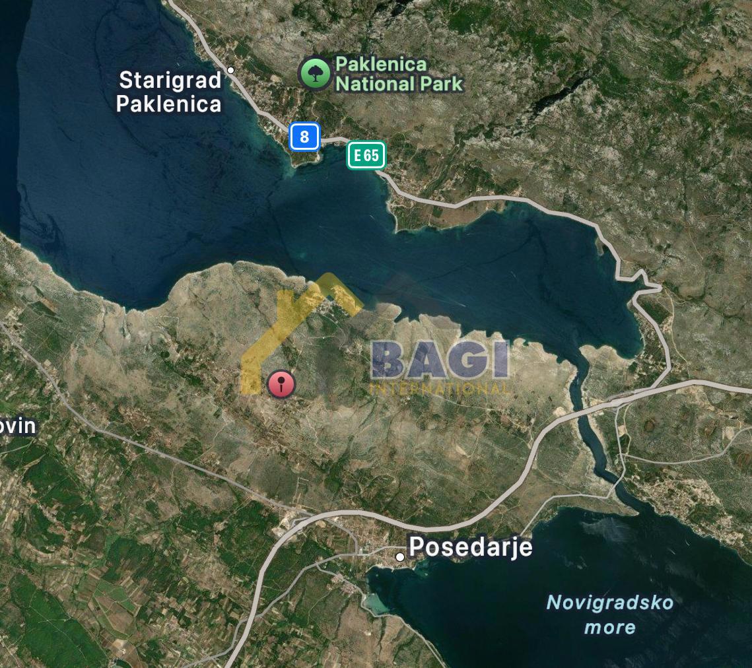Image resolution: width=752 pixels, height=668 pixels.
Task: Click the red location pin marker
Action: click(281, 384)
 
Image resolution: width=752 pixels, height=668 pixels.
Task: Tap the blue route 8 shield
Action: click(304, 137)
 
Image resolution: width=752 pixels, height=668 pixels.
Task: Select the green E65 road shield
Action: click(366, 156)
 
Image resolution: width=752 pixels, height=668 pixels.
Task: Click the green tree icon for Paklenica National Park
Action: click(315, 73)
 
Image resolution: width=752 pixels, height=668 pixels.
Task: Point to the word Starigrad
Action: click(170, 81)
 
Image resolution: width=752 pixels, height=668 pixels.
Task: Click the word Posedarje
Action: click(470, 547)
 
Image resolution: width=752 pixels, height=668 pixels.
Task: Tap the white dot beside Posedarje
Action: click(400, 557)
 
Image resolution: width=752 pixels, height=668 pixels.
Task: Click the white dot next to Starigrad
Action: click(230, 70)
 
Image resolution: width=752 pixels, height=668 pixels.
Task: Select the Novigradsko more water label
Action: click(609, 614)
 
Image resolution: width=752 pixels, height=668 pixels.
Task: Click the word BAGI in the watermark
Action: click(440, 360)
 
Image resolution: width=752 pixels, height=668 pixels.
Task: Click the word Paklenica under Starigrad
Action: click(168, 104)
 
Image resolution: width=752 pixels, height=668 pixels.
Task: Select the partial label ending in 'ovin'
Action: click(17, 426)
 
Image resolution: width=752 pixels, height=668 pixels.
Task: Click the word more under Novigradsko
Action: click(609, 627)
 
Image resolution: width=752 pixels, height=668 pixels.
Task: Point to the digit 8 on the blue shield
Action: click(304, 137)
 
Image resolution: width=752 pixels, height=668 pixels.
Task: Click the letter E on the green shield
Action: click(358, 156)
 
